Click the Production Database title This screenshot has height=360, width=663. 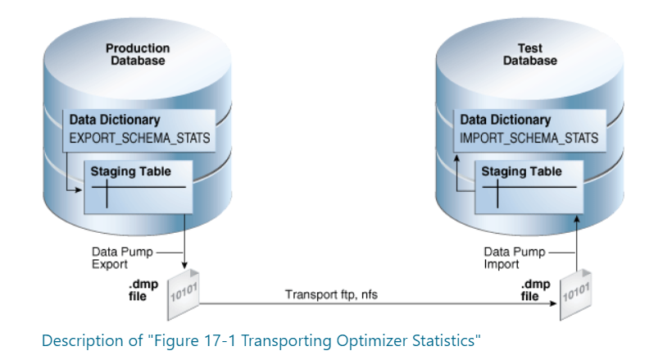pyautogui.click(x=138, y=54)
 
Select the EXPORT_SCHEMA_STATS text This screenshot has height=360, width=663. pyautogui.click(x=139, y=138)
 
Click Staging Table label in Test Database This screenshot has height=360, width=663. pyautogui.click(x=521, y=172)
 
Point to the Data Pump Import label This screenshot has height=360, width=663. pyautogui.click(x=506, y=258)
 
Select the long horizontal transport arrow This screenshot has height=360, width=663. pyautogui.click(x=377, y=304)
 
